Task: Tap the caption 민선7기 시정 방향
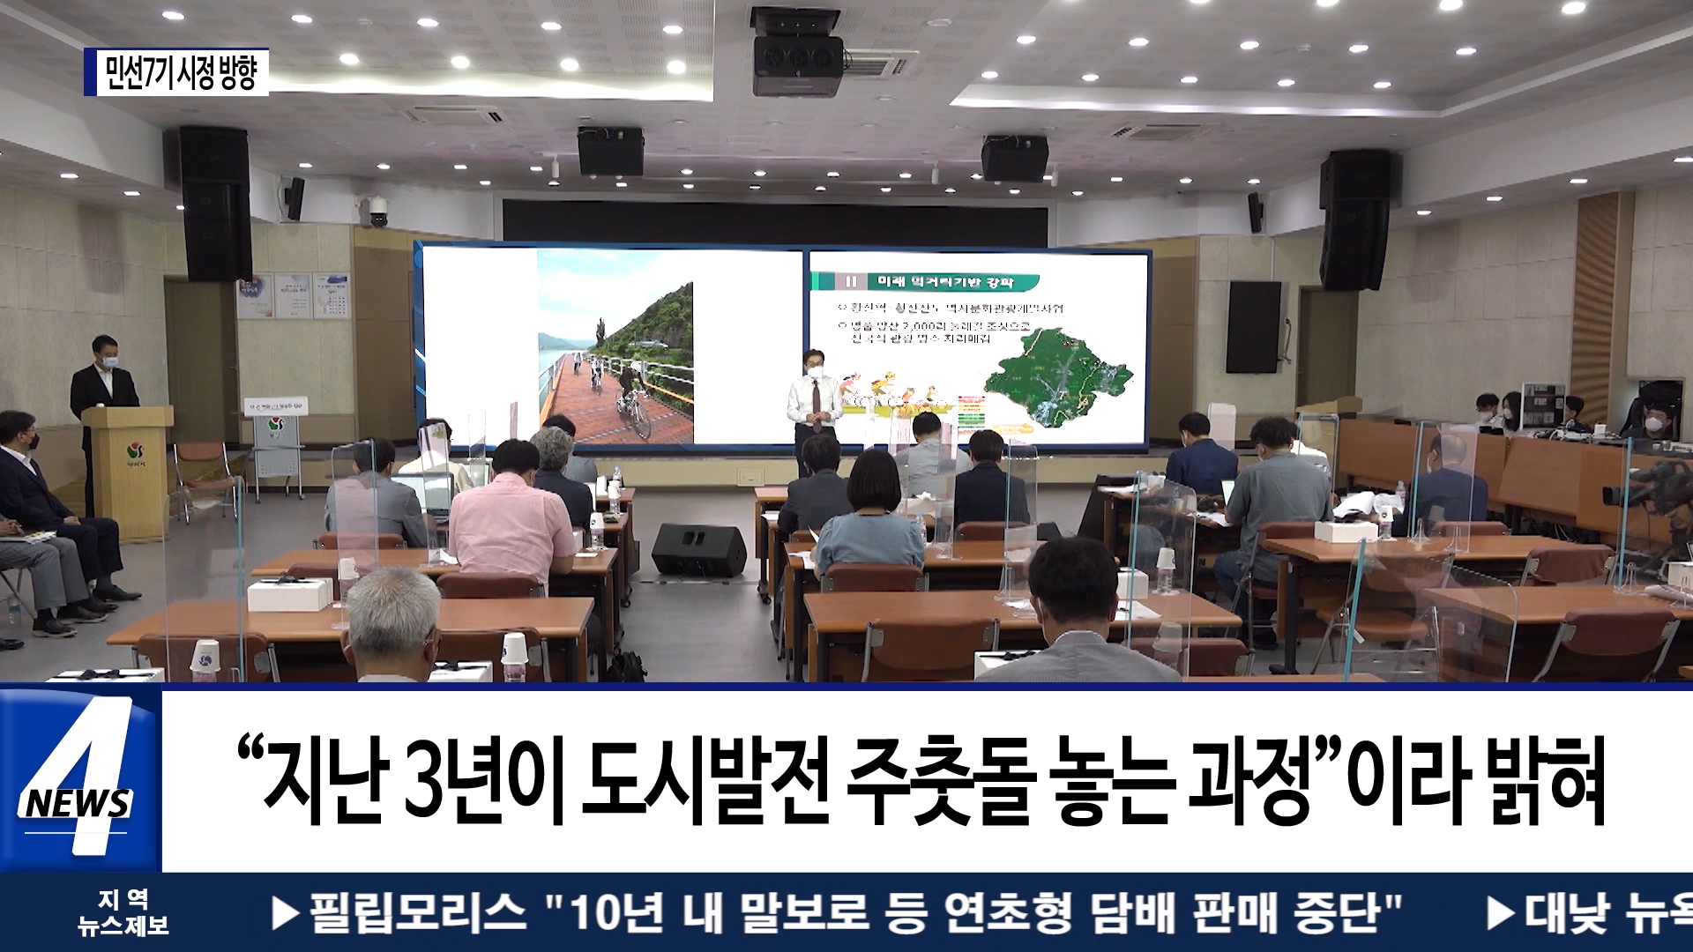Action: [x=179, y=72]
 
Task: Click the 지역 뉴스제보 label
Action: [x=123, y=912]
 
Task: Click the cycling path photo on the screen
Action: [x=615, y=346]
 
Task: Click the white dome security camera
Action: [x=376, y=212]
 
